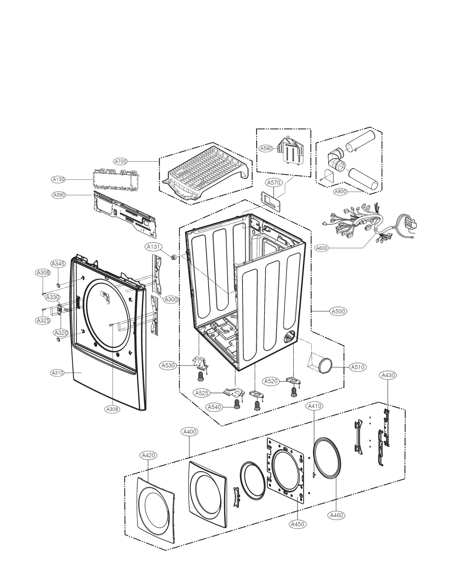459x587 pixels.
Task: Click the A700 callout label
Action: tap(120, 162)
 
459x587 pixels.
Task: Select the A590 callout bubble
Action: tap(266, 148)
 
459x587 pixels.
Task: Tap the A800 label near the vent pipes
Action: tap(341, 191)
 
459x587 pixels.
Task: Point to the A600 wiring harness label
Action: tap(321, 248)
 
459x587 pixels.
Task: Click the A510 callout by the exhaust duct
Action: tap(357, 367)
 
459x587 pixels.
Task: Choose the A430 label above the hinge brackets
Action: tap(388, 375)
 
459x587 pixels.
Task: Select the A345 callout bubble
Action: tap(58, 264)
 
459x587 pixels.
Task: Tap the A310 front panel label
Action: tap(57, 373)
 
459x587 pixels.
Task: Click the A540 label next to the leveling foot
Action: tap(214, 407)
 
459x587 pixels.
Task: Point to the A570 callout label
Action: tap(273, 182)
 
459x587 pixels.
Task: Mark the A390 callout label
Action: tap(59, 195)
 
